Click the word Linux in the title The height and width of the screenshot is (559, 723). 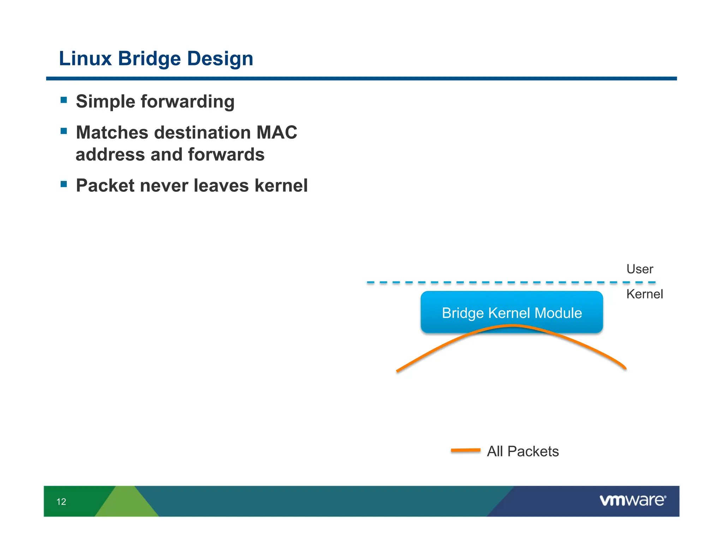85,58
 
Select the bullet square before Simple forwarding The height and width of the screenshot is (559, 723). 64,100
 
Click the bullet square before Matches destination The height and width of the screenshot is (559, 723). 64,131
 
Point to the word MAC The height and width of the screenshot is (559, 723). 276,133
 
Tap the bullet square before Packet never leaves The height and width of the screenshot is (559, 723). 64,184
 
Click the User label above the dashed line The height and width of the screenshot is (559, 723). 639,269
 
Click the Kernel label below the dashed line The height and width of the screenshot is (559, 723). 644,294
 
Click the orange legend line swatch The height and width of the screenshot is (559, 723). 465,450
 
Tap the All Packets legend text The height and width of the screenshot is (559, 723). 522,452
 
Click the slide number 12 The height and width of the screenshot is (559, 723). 61,502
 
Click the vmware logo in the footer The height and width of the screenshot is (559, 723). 632,500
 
